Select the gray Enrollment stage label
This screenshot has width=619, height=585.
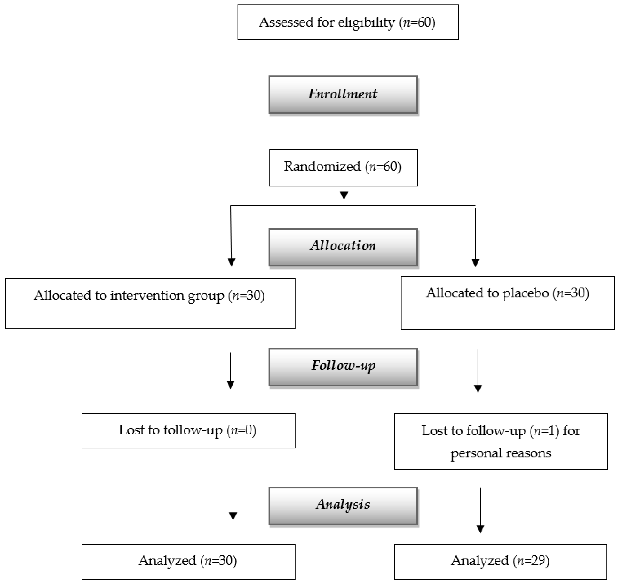(x=343, y=94)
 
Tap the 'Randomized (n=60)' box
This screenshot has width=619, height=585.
(x=343, y=167)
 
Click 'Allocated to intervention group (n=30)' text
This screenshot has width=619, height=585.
(x=149, y=295)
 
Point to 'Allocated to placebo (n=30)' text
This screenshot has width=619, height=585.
(x=507, y=293)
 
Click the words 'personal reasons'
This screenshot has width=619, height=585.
(x=501, y=453)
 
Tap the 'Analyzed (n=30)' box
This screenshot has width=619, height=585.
(x=188, y=561)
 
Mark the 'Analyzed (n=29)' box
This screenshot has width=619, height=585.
(x=500, y=561)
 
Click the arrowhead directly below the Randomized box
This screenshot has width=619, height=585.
(x=344, y=195)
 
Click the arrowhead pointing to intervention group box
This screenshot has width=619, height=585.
(x=231, y=262)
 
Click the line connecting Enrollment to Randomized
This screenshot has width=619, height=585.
(x=344, y=131)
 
